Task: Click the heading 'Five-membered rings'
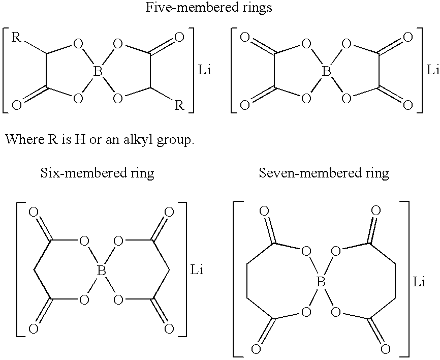coord(209,8)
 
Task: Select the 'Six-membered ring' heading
coord(97,173)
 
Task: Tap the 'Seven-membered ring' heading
coord(324,173)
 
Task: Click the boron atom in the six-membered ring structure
coord(101,273)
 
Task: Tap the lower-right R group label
coord(179,105)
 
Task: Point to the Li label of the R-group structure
coord(205,70)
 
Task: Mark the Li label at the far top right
coord(433,70)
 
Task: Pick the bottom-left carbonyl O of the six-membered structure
coord(34,329)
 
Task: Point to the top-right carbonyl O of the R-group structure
coord(178,37)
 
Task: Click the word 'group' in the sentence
coord(175,140)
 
